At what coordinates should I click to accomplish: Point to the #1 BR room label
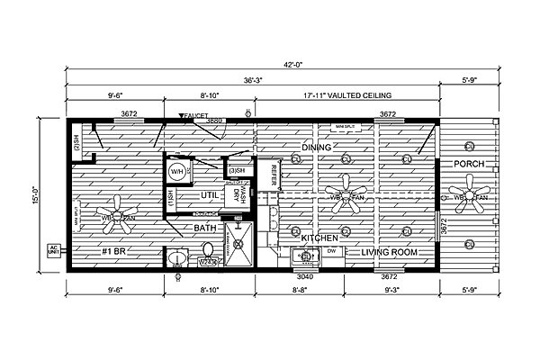point(112,253)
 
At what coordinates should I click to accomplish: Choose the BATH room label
point(204,229)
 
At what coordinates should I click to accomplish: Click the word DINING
point(317,146)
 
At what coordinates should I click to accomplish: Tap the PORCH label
point(471,164)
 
